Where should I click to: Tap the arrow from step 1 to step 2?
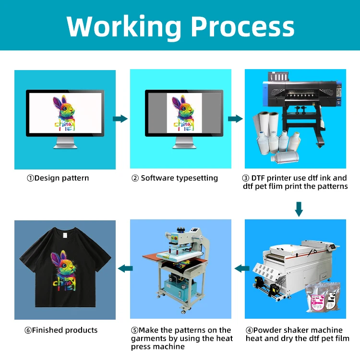coord(120,119)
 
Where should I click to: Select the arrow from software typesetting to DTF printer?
coord(235,119)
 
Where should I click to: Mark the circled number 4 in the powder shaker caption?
coord(250,330)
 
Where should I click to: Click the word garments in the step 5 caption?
coord(148,338)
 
